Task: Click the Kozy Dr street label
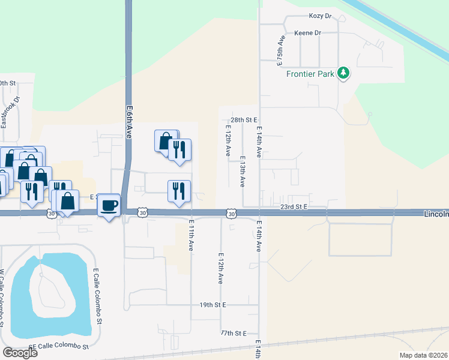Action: (x=320, y=16)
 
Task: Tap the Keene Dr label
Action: (x=307, y=33)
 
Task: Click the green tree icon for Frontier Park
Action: (x=343, y=73)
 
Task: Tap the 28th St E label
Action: (x=244, y=120)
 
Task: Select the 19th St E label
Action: (x=212, y=305)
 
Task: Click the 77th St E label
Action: (x=234, y=332)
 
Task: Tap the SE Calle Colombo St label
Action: (x=59, y=347)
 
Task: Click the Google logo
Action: (x=20, y=352)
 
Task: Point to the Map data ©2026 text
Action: (x=423, y=355)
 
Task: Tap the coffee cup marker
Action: (x=109, y=205)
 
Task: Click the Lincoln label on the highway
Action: (x=436, y=214)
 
